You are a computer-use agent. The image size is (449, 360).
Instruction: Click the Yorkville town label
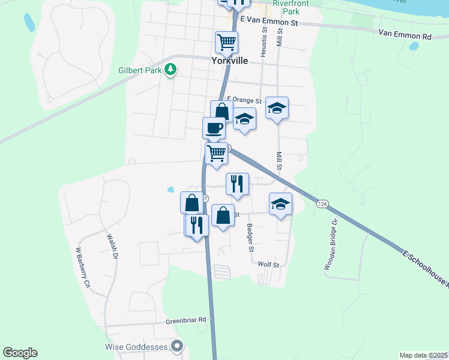(229, 61)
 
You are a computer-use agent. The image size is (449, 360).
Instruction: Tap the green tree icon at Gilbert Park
(171, 70)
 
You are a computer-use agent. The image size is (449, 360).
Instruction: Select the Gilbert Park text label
(141, 70)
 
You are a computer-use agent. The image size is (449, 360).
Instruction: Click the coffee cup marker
(214, 128)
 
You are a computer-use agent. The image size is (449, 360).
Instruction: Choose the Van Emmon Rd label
(405, 36)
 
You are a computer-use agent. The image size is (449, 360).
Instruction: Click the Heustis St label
(263, 46)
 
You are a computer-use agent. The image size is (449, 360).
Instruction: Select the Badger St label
(250, 238)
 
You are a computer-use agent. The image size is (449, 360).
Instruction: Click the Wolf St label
(268, 264)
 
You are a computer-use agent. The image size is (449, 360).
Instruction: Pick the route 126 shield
(322, 204)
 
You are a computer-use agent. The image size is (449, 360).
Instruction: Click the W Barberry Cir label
(82, 266)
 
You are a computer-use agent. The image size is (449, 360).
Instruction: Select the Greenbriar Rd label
(186, 320)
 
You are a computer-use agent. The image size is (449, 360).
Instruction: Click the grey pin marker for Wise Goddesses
(176, 346)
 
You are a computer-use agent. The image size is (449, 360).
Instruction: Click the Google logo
(20, 353)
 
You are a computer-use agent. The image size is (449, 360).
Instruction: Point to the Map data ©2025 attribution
(424, 355)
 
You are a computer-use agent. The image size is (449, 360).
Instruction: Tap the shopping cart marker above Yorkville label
(226, 43)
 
